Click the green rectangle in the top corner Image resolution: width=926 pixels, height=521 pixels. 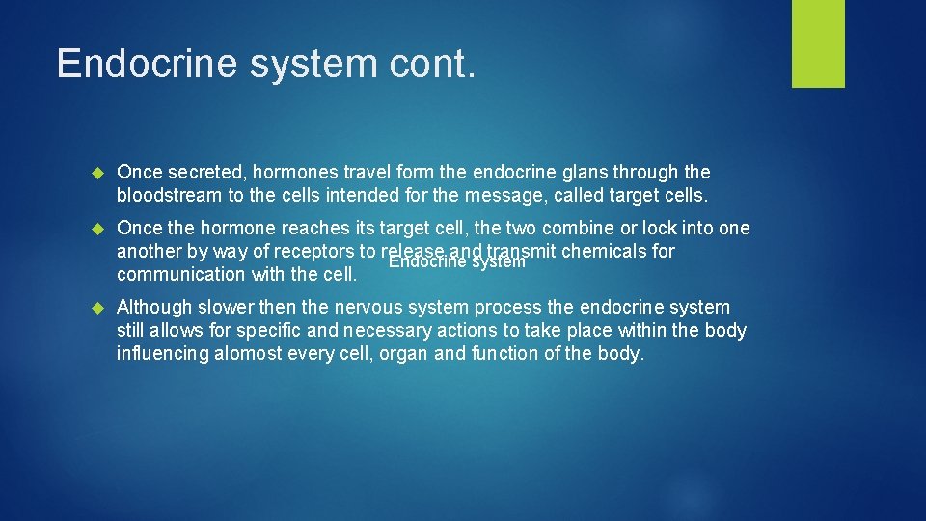click(x=818, y=43)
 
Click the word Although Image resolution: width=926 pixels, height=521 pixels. click(x=153, y=308)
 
